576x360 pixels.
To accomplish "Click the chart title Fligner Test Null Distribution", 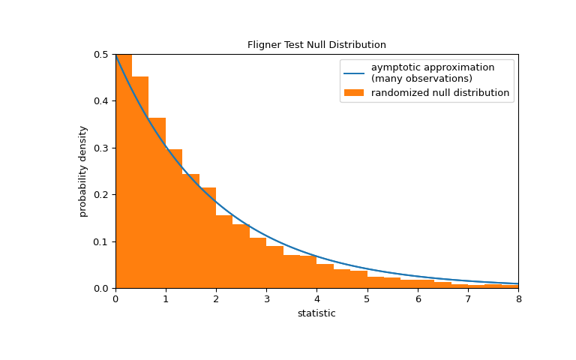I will click(316, 45).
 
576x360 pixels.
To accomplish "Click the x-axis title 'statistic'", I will click(316, 313).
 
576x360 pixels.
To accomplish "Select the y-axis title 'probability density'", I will click(83, 171).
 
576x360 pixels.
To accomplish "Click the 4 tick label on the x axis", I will click(316, 299).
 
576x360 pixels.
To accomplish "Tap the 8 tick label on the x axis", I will click(518, 299).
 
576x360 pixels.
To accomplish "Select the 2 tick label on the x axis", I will click(216, 299).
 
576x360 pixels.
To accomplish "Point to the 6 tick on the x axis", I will click(418, 299).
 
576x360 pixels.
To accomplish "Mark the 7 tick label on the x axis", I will click(468, 299).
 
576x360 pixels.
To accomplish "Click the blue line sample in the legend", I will click(354, 73).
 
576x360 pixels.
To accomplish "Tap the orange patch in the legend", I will click(354, 93).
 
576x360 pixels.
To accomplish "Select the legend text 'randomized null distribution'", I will click(440, 93).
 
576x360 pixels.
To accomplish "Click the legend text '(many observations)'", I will click(421, 79).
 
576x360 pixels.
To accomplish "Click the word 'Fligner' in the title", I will click(264, 45).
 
